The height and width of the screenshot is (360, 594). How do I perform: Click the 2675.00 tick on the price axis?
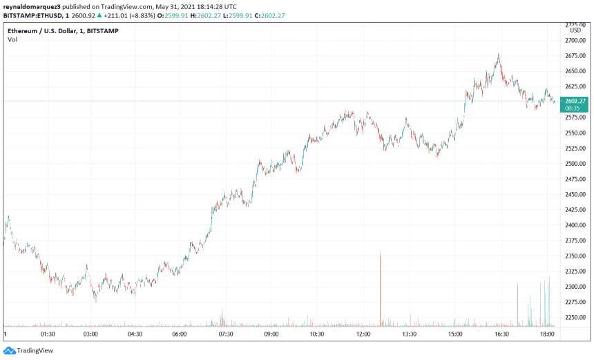point(575,56)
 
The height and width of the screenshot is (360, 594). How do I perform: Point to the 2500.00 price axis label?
point(575,164)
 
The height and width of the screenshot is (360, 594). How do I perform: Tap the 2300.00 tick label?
point(575,287)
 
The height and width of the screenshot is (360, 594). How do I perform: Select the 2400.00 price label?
point(575,225)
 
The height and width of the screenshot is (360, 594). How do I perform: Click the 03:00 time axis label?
point(90,334)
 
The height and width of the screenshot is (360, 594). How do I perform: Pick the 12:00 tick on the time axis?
point(363,334)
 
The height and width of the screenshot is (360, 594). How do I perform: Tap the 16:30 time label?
point(501,334)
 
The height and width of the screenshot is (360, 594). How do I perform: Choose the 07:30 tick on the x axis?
point(226,334)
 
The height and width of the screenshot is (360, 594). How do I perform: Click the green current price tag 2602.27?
point(575,101)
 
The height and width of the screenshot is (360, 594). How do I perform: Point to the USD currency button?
point(575,30)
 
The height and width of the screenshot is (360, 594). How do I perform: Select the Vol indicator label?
point(12,39)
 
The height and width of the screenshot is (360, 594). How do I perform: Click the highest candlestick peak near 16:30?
point(498,55)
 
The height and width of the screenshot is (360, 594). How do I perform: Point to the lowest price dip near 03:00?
point(95,301)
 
